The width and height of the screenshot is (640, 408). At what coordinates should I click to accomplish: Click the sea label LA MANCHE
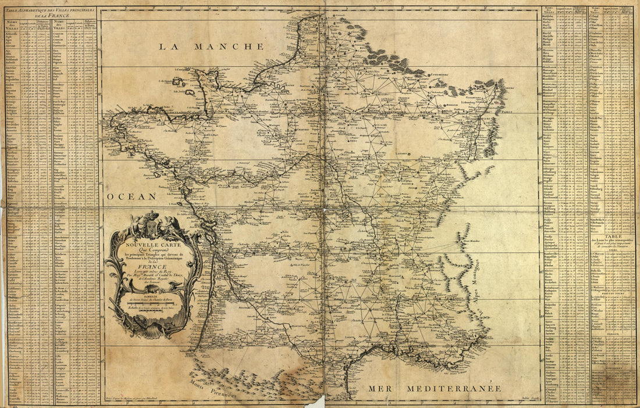click(x=212, y=46)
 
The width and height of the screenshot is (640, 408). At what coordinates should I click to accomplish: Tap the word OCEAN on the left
click(x=131, y=196)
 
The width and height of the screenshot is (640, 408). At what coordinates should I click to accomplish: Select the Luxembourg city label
click(x=445, y=74)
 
